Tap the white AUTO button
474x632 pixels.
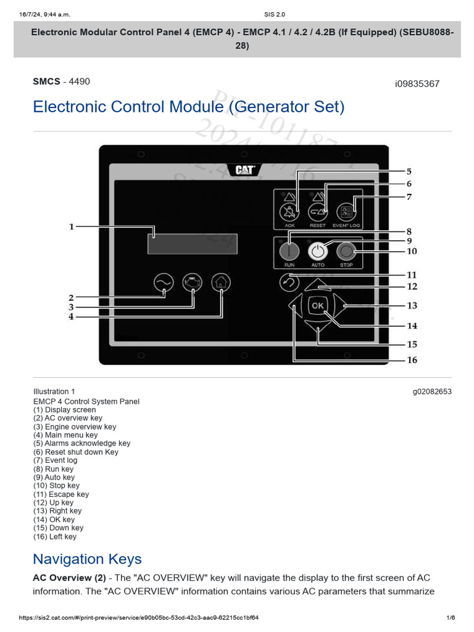(x=317, y=251)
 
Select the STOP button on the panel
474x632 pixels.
(x=346, y=251)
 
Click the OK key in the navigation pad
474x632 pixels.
(x=317, y=306)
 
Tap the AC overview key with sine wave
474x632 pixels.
(x=163, y=283)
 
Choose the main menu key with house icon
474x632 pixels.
(x=220, y=283)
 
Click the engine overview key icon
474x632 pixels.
(x=192, y=283)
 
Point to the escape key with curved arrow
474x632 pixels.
(x=289, y=283)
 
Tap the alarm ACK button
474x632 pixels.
(x=289, y=212)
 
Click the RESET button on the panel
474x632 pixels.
(x=317, y=212)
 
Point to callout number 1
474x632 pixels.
(x=71, y=227)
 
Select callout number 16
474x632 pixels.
(x=412, y=360)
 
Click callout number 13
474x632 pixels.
(x=412, y=306)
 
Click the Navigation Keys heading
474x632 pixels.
(x=87, y=559)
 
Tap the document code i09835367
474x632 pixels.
(x=417, y=84)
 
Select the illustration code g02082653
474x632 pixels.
(x=432, y=391)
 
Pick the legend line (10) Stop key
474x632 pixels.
(x=56, y=486)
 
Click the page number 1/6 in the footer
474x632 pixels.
(x=451, y=618)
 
